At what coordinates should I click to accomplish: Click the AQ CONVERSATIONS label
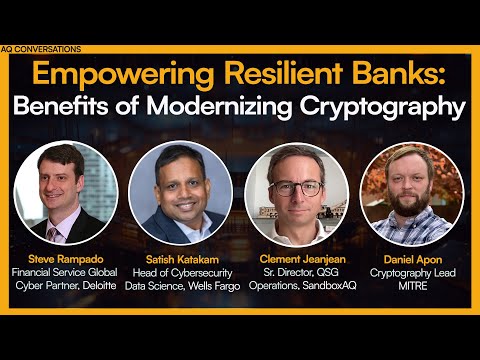coord(41,48)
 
